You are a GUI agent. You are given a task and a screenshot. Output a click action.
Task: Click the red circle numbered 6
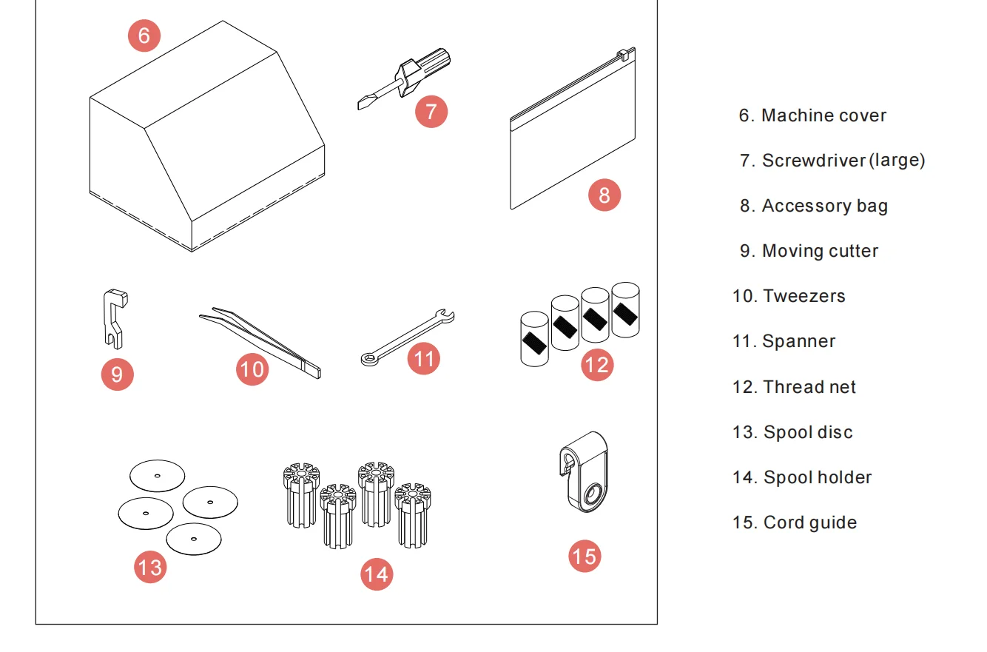pos(144,36)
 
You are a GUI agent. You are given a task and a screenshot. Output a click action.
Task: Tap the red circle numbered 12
pos(597,365)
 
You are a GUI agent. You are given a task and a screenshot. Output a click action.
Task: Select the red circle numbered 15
pos(585,556)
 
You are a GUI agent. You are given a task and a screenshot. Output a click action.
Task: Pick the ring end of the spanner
pos(368,360)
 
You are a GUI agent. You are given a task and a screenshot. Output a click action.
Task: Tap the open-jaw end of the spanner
pos(447,317)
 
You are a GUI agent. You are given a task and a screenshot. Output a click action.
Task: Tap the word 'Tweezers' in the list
pos(804,296)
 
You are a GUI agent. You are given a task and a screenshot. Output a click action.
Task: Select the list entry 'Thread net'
pos(809,387)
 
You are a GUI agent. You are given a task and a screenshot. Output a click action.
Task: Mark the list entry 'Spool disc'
pos(807,432)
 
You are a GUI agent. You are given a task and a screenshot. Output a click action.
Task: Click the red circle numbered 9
pos(117,374)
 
